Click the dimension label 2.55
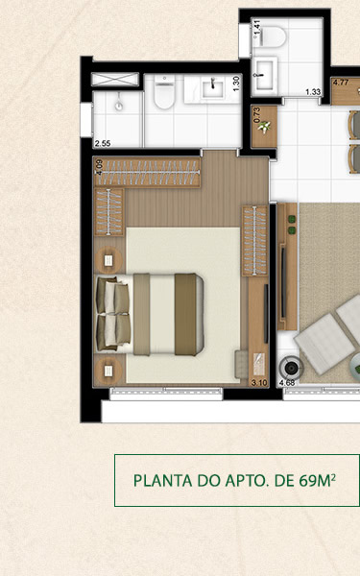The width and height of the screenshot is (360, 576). [102, 144]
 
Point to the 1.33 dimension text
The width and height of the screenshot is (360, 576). [312, 92]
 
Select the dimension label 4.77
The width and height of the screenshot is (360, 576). [340, 83]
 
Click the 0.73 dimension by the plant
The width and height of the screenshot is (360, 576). [256, 116]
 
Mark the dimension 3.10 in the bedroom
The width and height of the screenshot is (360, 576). [258, 382]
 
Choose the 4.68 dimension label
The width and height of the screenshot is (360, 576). [286, 383]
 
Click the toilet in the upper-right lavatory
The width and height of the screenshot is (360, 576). [276, 36]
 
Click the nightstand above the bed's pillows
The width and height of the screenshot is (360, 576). [108, 260]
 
